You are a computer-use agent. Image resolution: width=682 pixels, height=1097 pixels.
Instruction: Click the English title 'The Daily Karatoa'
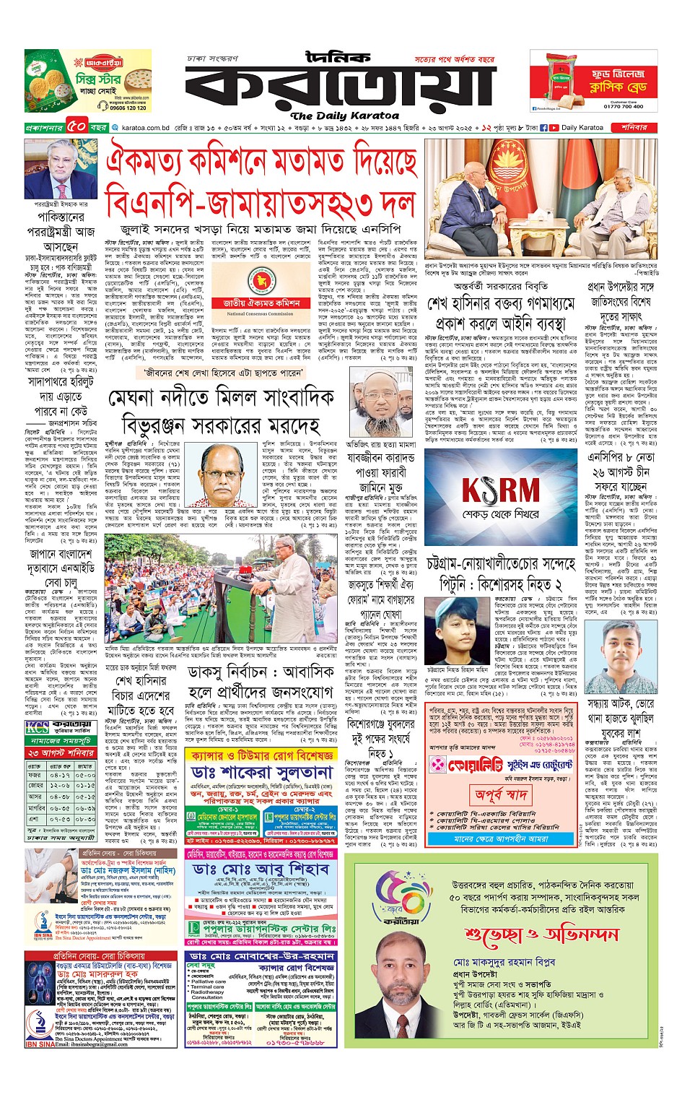(x=344, y=116)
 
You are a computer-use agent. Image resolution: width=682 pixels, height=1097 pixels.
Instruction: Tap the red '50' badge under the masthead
(x=77, y=127)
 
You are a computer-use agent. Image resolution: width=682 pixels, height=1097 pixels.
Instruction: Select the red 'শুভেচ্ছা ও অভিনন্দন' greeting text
(x=541, y=935)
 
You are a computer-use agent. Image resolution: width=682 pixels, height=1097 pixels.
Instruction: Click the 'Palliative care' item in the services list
(x=209, y=982)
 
